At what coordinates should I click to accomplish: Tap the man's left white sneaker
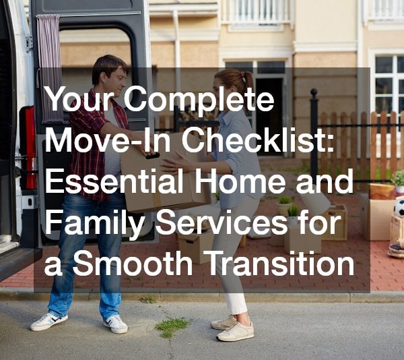[x=116, y=324]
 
